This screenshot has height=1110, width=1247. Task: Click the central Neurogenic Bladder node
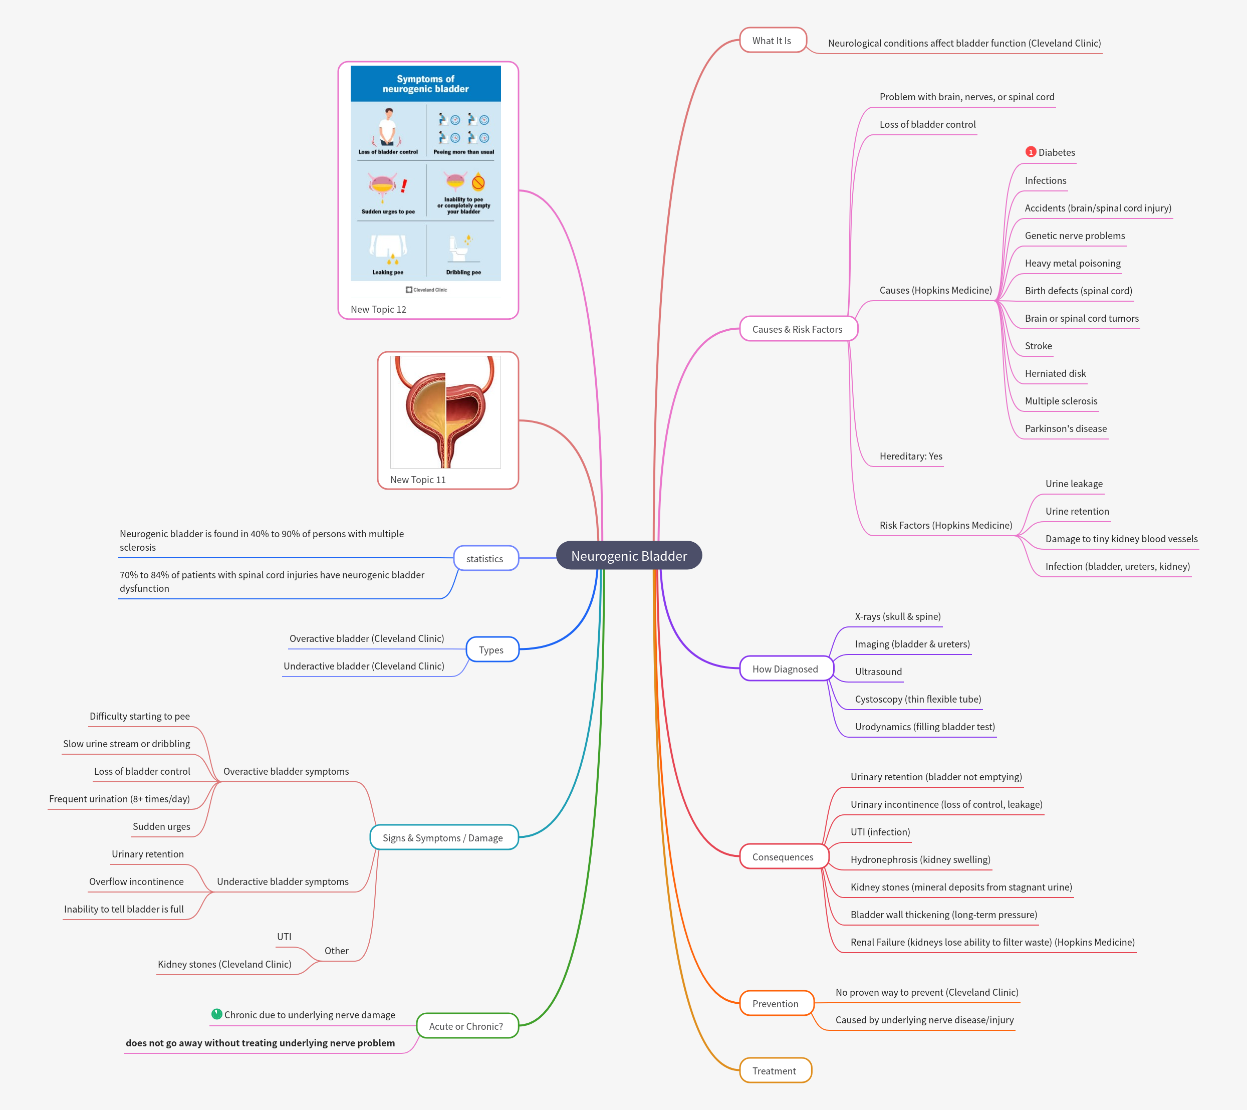629,556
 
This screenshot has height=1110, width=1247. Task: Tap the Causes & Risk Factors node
798,329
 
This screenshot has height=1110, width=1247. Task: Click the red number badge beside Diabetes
1031,152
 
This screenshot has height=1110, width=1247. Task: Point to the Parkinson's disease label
1065,428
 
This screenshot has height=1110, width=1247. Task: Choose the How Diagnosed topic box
785,669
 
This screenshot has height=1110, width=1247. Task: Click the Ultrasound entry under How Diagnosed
878,671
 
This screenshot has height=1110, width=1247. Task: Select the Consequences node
783,857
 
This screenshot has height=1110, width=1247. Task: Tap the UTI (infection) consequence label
880,832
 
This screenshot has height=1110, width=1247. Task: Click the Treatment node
774,1071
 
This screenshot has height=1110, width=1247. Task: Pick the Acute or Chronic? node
466,1026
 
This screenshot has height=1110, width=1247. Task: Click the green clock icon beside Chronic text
216,1014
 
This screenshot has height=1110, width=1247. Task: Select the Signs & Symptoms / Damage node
443,838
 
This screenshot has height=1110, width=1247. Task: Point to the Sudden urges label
161,826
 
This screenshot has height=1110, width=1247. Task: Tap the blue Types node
491,650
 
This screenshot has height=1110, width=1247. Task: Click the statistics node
485,558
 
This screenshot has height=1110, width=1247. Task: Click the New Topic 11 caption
418,480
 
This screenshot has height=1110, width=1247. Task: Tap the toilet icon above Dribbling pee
458,249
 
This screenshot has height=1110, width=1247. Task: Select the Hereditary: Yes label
910,456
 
